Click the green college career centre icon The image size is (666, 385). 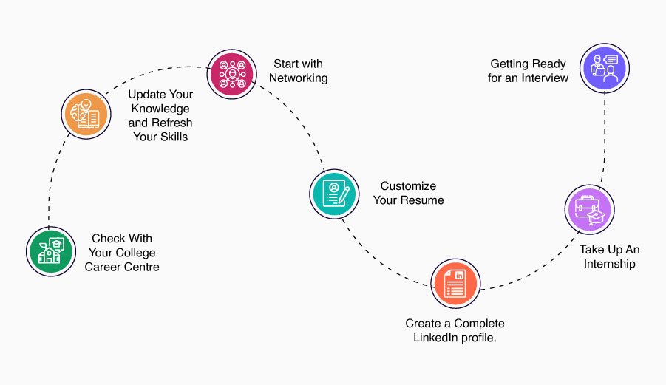(x=50, y=251)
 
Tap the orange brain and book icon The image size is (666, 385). (x=84, y=114)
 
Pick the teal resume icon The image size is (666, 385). (x=334, y=193)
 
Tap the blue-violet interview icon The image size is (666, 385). (x=605, y=69)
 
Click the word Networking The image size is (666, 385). (x=298, y=78)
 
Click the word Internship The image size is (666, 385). (x=609, y=264)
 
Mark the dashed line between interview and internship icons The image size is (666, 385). (x=606, y=140)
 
